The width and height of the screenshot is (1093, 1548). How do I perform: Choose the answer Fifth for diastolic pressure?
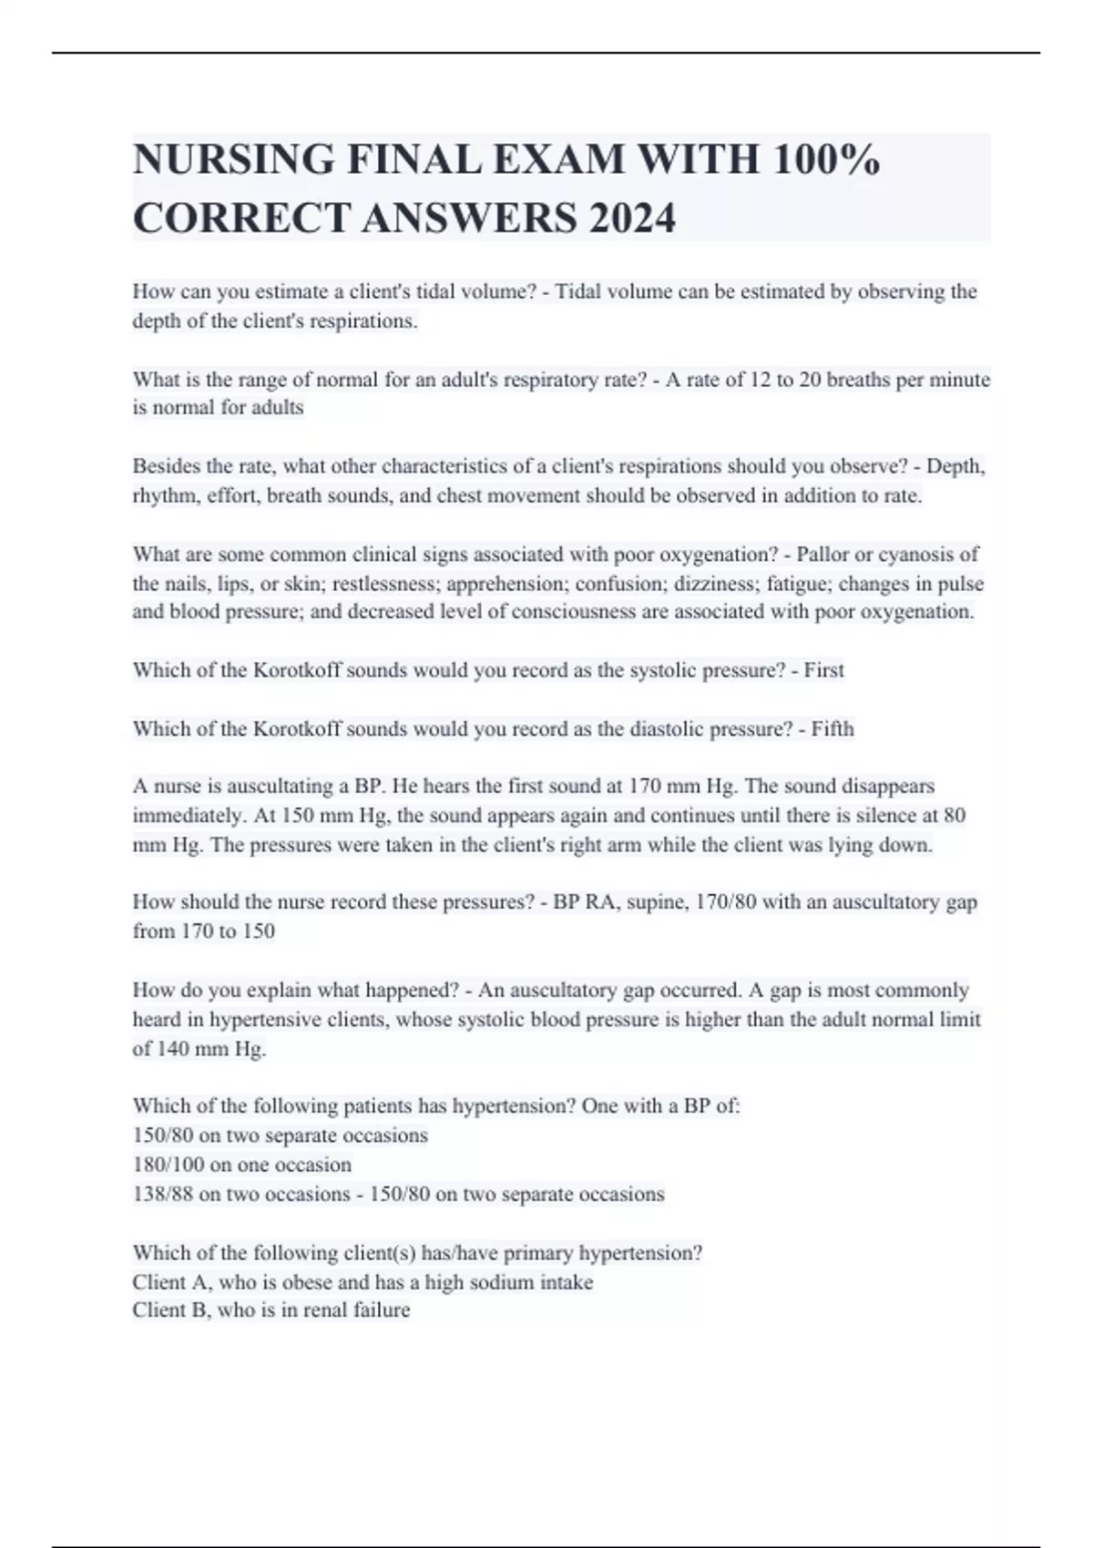coord(833,728)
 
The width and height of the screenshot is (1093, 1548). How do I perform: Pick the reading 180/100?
coord(169,1165)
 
